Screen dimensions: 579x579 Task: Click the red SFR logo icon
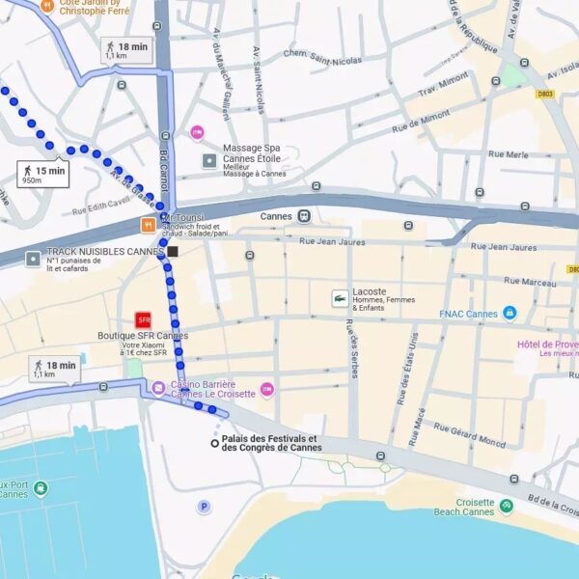click(144, 319)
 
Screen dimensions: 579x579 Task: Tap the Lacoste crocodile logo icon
click(340, 298)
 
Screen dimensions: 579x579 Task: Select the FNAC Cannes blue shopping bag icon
click(509, 313)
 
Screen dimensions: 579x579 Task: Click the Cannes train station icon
click(304, 216)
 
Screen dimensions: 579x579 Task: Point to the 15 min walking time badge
click(44, 175)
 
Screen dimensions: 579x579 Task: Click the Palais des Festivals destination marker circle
click(214, 443)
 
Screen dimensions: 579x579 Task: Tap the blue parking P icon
click(204, 507)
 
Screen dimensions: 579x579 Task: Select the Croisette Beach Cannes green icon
click(506, 504)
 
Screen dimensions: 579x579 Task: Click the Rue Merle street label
click(509, 154)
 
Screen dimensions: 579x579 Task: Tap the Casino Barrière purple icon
click(158, 388)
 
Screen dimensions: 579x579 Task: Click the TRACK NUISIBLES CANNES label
click(106, 252)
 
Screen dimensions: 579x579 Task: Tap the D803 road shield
click(547, 95)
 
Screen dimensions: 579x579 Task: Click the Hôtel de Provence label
click(545, 345)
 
